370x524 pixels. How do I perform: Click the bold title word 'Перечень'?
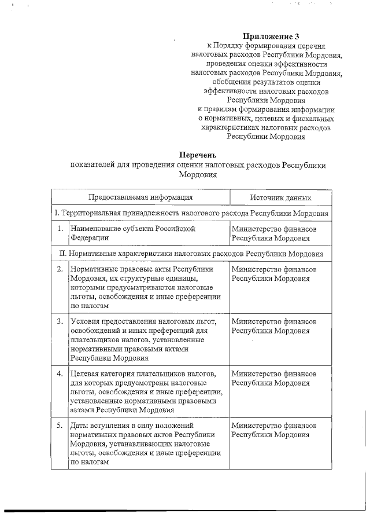coord(198,155)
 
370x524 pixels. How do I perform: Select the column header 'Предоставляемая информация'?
coord(140,197)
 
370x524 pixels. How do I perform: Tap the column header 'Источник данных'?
coord(281,197)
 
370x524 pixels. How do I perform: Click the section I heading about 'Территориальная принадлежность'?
coord(191,213)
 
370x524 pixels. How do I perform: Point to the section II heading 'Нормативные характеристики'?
coord(191,254)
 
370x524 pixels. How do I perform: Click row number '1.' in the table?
coord(60,229)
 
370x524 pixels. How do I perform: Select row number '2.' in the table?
coord(60,269)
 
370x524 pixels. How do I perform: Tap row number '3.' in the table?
coord(60,321)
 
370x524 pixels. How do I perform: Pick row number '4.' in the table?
coord(60,373)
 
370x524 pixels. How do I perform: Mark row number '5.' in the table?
coord(60,425)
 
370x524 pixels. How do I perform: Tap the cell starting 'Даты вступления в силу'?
coord(144,444)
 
